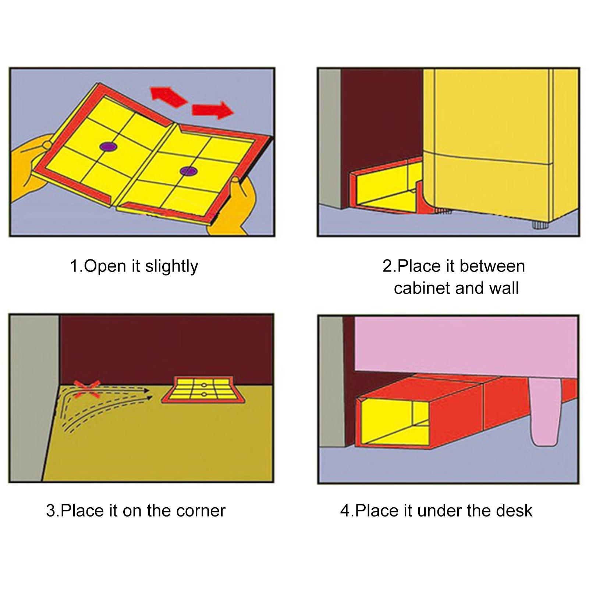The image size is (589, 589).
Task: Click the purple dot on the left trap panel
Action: (x=108, y=146)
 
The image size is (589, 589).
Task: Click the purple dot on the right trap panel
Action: (x=189, y=171)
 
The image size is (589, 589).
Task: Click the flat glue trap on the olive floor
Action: (x=204, y=390)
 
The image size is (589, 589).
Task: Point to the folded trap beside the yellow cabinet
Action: (x=386, y=188)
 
